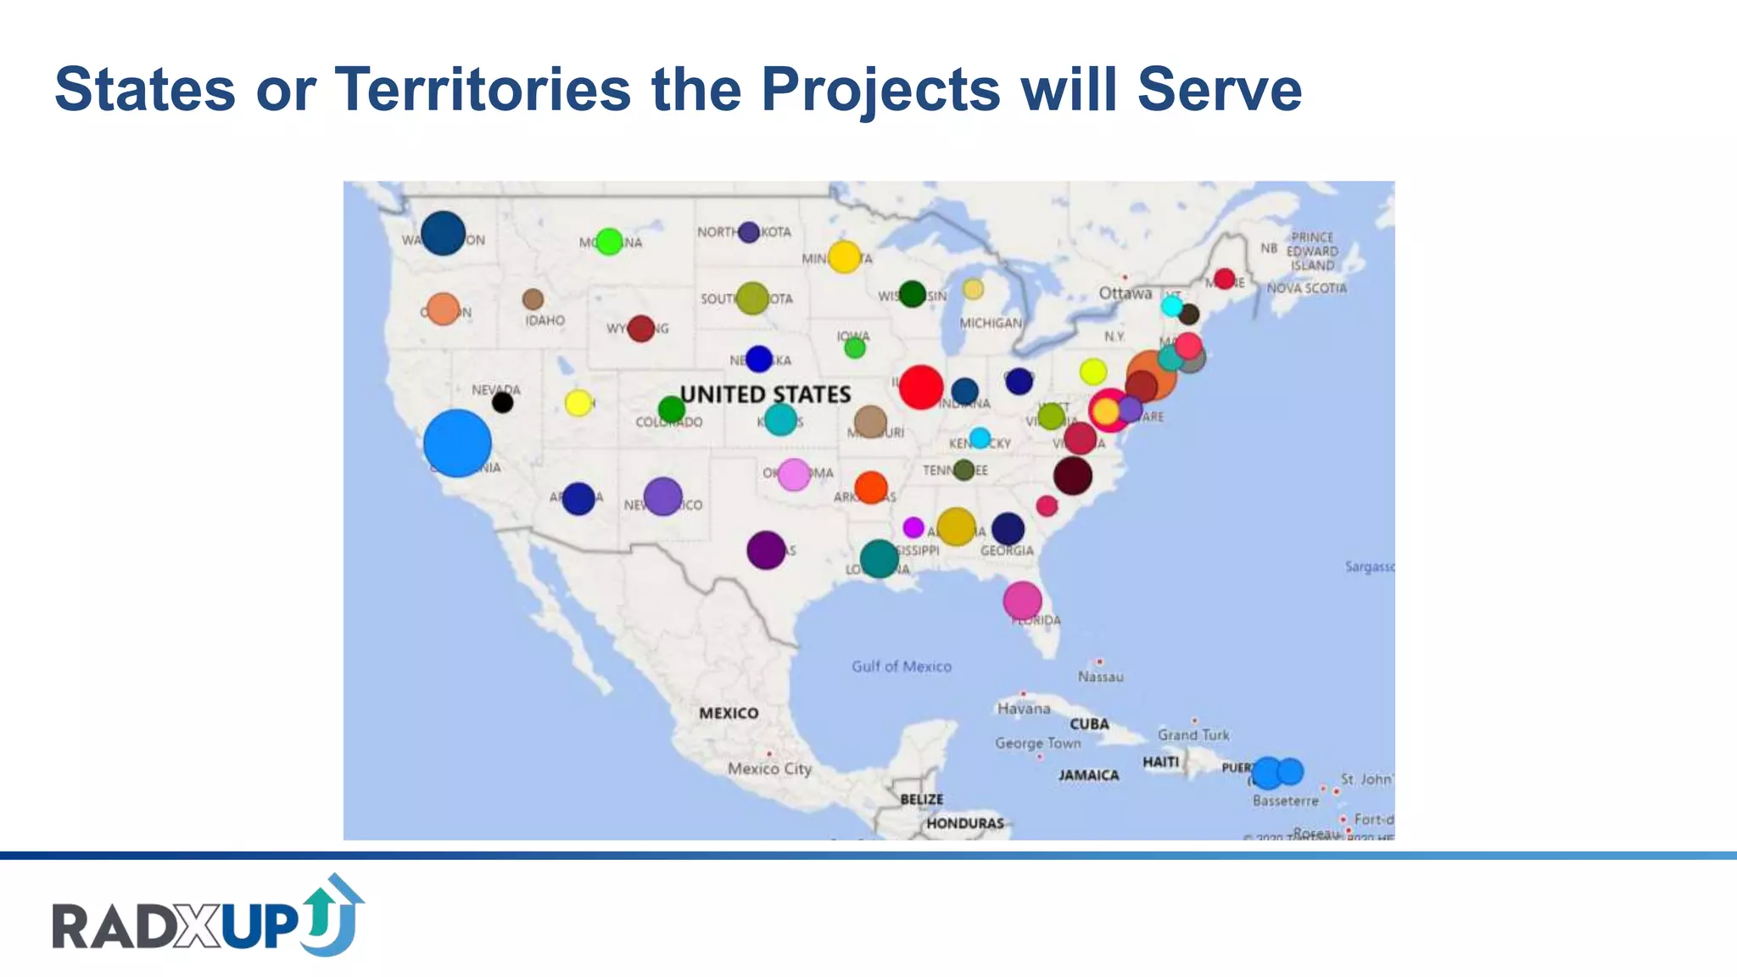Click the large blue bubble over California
457,443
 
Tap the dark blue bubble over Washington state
443,233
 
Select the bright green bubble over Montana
609,242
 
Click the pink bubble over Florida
1022,600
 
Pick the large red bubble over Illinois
921,387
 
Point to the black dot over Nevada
502,402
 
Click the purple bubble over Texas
766,550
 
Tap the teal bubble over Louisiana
879,559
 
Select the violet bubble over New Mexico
662,496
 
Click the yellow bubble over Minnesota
844,256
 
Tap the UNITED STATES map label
765,394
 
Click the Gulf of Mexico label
902,667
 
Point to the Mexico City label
769,768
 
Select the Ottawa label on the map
1125,293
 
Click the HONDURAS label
965,823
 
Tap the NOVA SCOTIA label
1306,288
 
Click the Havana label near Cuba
1024,708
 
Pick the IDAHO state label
545,321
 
